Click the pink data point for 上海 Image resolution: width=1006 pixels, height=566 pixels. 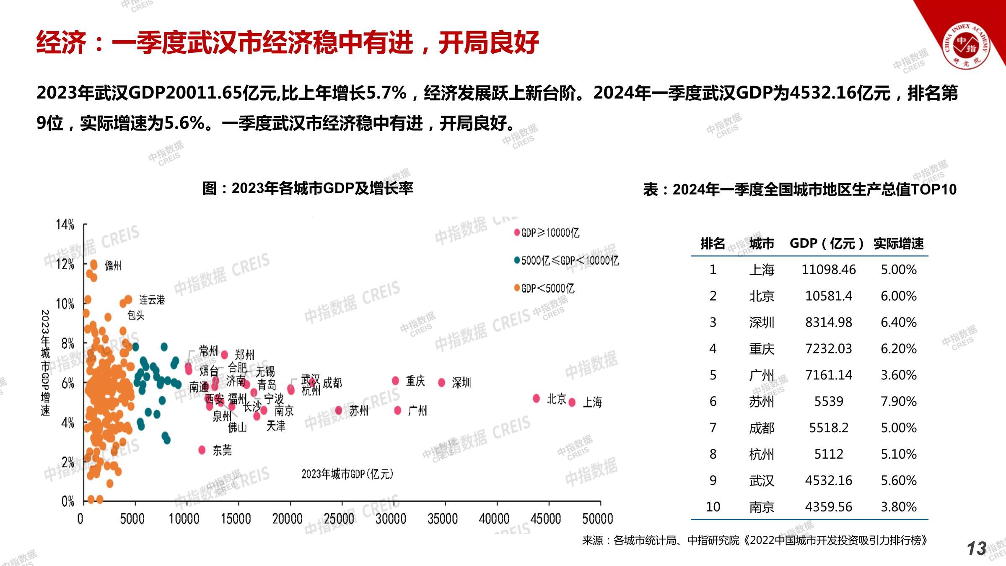click(572, 402)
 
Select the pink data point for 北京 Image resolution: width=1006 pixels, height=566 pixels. click(537, 398)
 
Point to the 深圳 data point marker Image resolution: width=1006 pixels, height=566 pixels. click(442, 382)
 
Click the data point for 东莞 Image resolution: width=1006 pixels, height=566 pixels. click(202, 450)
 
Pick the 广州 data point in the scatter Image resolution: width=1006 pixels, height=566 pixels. click(398, 410)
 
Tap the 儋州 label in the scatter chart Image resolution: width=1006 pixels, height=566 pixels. click(113, 265)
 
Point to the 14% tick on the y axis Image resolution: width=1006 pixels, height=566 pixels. click(65, 225)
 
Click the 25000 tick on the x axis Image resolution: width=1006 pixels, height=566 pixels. click(339, 519)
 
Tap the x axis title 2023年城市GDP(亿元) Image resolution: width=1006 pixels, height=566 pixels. click(347, 474)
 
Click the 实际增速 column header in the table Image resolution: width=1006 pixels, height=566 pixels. click(898, 244)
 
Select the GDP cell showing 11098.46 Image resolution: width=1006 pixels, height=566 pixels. click(828, 270)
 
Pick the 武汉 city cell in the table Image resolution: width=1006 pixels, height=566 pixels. click(761, 480)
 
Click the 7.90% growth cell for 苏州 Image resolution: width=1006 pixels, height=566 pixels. click(898, 402)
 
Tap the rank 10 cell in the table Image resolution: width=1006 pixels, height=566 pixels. click(713, 507)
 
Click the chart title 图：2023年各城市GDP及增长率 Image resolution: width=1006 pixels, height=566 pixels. click(308, 188)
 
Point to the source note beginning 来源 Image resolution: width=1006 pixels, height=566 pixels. click(754, 540)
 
